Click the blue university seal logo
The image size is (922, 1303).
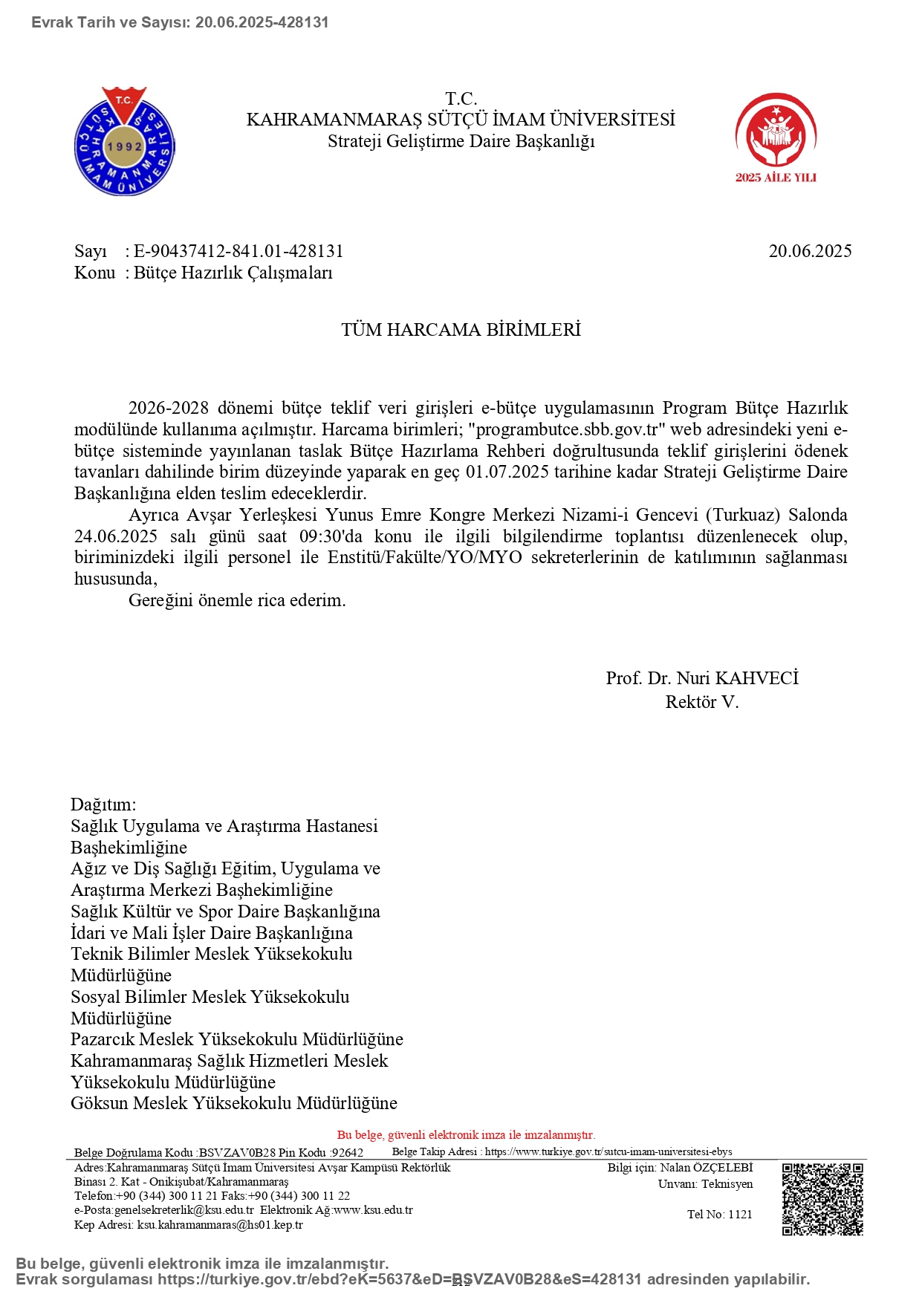[125, 142]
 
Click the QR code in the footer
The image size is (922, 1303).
[822, 1199]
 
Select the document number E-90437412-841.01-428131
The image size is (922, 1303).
[238, 251]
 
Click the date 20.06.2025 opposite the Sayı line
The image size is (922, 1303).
[810, 251]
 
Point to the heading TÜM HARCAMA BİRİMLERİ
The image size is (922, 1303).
[461, 330]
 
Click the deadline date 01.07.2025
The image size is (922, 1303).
[507, 472]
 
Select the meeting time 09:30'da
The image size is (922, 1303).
[331, 536]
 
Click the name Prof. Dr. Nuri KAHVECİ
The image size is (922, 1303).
[702, 678]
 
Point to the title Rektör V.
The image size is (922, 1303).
[702, 702]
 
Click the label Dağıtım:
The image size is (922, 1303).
[103, 805]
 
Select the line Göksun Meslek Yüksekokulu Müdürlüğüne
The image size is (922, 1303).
[234, 1103]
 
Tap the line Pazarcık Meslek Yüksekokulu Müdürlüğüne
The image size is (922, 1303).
[237, 1039]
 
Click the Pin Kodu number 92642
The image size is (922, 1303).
[347, 1153]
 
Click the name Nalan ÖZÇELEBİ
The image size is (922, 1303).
[706, 1168]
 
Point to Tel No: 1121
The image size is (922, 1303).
[719, 1215]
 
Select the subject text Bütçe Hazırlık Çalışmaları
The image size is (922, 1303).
[233, 273]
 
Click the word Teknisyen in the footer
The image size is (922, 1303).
[727, 1184]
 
